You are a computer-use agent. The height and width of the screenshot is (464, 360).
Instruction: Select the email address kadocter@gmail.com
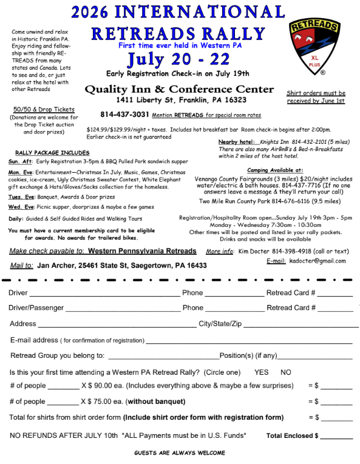318,261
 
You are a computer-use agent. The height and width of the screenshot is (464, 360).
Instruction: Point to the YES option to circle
261,372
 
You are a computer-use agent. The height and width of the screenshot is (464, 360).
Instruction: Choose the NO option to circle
286,372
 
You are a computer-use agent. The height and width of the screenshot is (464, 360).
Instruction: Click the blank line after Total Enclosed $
336,436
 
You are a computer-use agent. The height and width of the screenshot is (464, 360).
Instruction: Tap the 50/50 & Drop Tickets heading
44,109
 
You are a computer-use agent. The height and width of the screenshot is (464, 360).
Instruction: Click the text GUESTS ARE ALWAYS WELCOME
179,453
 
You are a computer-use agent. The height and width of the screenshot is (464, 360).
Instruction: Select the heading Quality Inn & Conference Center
179,89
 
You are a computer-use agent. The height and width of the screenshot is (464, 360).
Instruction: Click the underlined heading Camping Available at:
275,170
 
